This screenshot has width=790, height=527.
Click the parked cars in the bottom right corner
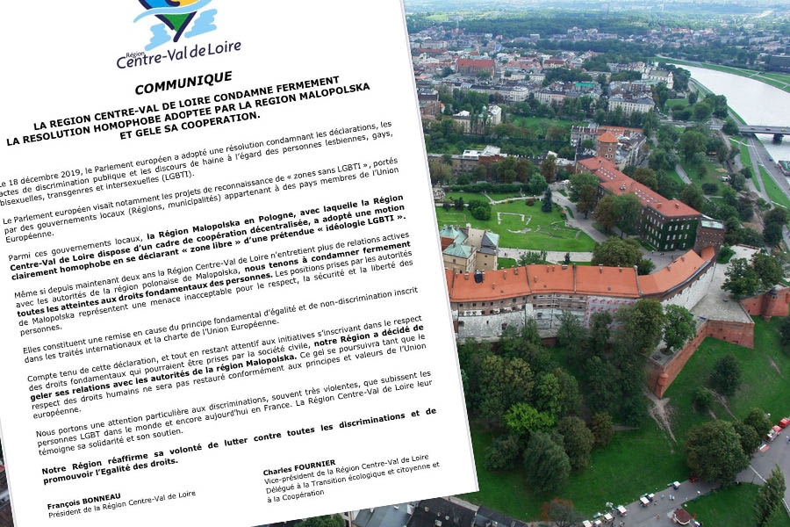777,430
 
